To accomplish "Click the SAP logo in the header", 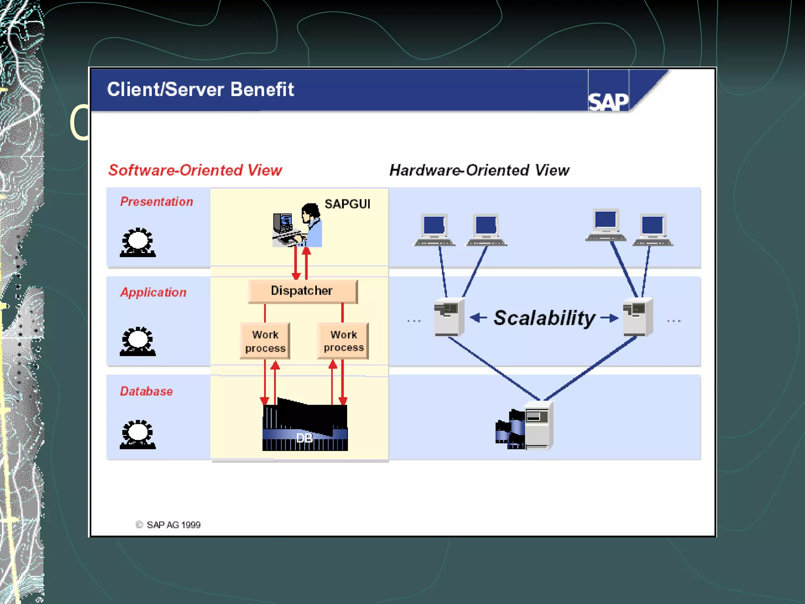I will tap(608, 101).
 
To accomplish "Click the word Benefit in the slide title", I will tap(262, 89).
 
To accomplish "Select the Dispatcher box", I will tap(303, 291).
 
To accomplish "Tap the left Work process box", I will tap(265, 341).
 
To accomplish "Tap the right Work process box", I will tap(343, 341).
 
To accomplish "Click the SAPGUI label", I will tap(347, 204).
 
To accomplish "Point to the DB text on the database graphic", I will tap(304, 438).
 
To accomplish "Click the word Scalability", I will tap(544, 318).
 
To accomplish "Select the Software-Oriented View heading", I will tap(195, 170).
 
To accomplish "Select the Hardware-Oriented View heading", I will tap(479, 170).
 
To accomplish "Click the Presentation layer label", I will tap(156, 202).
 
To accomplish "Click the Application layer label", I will tap(153, 292).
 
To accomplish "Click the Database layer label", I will tap(146, 391).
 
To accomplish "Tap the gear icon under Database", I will tap(138, 435).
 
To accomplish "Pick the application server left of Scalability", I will tap(449, 317).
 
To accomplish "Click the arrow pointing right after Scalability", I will tap(610, 318).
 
